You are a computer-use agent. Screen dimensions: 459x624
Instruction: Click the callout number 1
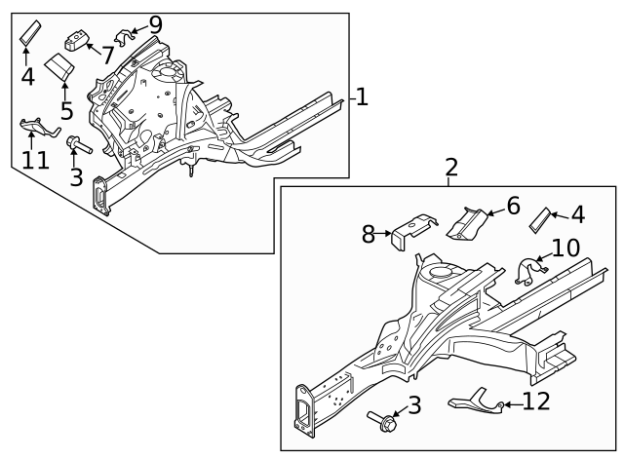(361, 96)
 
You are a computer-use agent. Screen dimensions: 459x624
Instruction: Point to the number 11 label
(35, 159)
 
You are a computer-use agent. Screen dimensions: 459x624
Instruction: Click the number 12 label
(536, 401)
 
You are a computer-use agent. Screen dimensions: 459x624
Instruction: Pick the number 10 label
(565, 248)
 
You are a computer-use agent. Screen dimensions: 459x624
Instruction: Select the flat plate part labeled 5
(61, 68)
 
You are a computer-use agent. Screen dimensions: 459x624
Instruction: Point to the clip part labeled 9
(123, 37)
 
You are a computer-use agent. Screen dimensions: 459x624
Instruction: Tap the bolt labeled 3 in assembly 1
(77, 146)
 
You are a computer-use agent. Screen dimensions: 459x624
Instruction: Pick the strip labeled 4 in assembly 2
(539, 221)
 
